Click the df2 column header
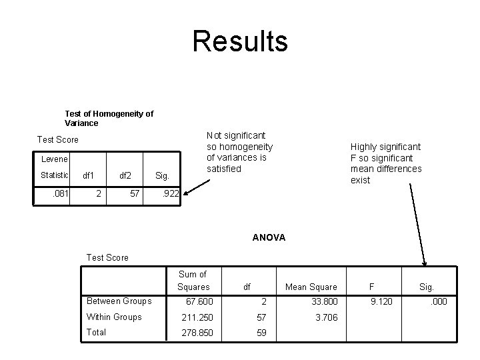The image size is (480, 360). tap(125, 176)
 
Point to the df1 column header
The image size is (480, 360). tap(88, 176)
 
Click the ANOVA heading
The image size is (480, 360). tap(269, 237)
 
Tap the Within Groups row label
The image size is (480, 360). tap(114, 317)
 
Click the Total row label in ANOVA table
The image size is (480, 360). tap(96, 333)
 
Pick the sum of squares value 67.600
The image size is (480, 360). tap(199, 302)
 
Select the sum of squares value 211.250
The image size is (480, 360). tap(197, 317)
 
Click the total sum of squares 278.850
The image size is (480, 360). tap(197, 333)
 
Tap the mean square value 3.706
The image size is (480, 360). tap(327, 317)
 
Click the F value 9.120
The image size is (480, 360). tap(382, 302)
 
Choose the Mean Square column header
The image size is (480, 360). tap(311, 287)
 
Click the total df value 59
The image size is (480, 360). tap(262, 333)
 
